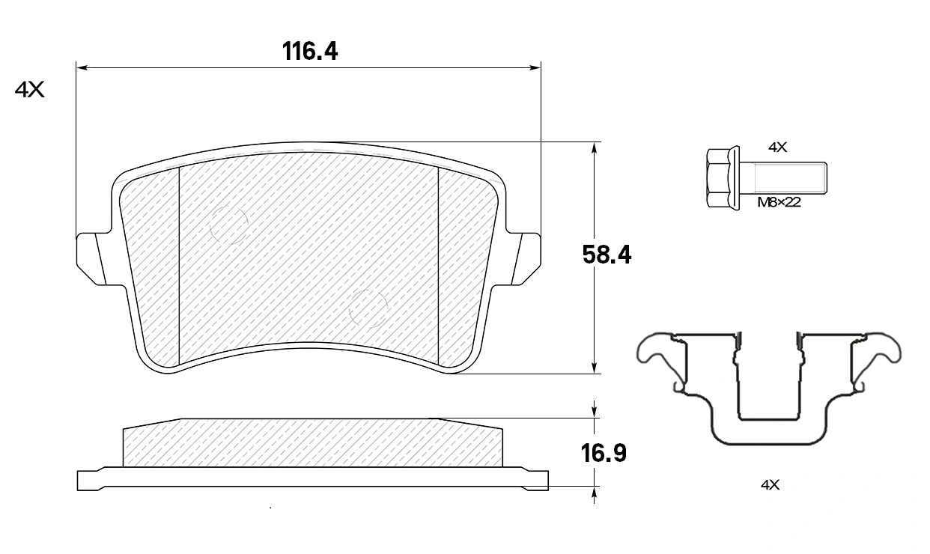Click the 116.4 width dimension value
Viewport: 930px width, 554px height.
click(x=310, y=52)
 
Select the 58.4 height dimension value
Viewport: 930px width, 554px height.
click(x=607, y=255)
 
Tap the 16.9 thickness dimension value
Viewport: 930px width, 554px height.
click(x=604, y=453)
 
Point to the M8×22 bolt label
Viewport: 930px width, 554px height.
click(x=779, y=203)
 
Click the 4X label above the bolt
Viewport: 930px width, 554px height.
click(x=778, y=147)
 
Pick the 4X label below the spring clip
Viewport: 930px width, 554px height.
click(x=771, y=484)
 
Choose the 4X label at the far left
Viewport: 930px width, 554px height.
click(x=29, y=90)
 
